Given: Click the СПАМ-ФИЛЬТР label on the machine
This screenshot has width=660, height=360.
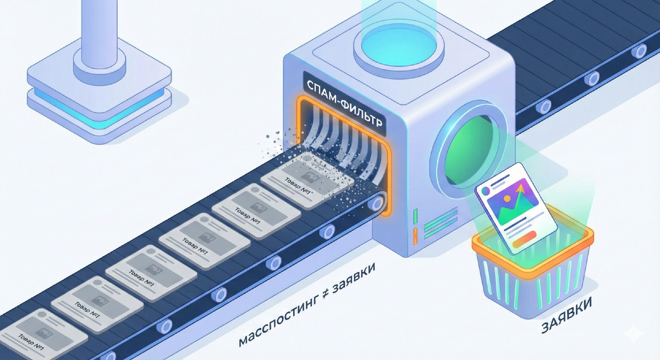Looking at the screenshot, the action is [344, 103].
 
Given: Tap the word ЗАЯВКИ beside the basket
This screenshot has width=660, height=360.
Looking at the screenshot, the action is [566, 315].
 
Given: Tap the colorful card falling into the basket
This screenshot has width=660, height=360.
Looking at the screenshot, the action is [516, 208].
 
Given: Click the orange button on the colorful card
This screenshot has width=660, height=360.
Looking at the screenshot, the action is [525, 239].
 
